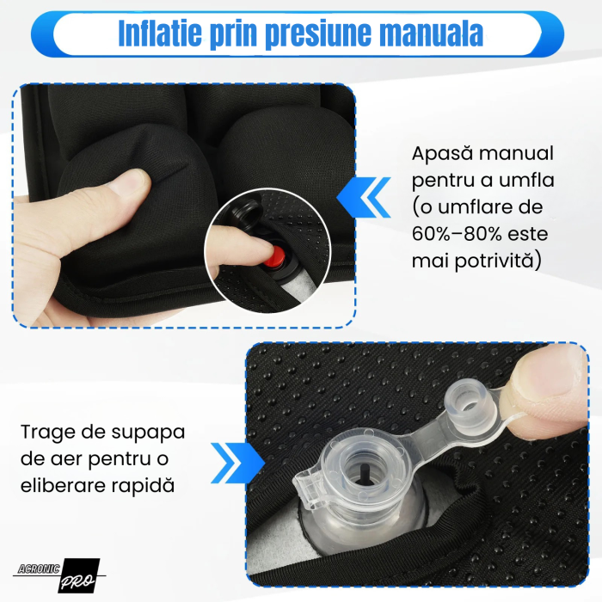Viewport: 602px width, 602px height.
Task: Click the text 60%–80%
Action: (456, 235)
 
